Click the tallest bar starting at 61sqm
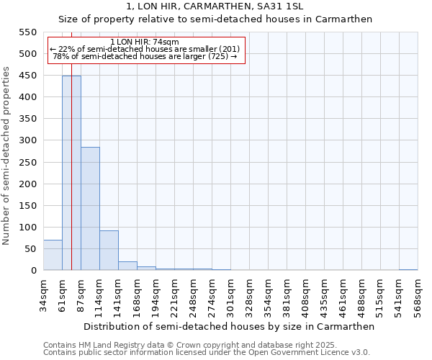[x=71, y=173]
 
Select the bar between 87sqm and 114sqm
[x=90, y=209]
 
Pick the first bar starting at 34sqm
[x=53, y=256]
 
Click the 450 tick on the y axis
[x=27, y=76]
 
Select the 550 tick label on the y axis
[x=27, y=32]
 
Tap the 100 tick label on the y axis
[x=27, y=228]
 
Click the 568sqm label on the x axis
[x=418, y=297]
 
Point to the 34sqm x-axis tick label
[x=44, y=296]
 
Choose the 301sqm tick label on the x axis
[x=231, y=297]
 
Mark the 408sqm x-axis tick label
[x=306, y=297]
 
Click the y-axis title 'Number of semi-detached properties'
[x=7, y=156]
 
